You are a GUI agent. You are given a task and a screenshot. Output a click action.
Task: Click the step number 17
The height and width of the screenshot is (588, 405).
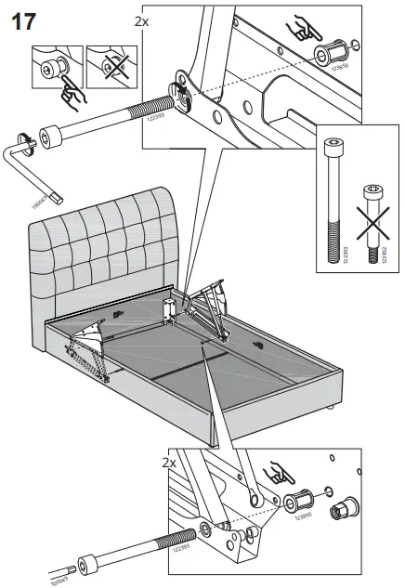[x=23, y=20]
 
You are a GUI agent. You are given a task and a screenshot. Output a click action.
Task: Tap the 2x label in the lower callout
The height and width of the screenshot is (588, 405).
[x=169, y=461]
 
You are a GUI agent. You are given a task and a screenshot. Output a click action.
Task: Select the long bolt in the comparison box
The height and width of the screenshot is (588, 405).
[x=333, y=199]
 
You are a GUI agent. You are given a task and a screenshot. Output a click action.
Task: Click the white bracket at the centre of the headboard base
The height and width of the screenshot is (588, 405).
[x=171, y=307]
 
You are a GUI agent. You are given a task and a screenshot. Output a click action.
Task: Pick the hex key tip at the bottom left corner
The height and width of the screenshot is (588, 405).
[x=56, y=578]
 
